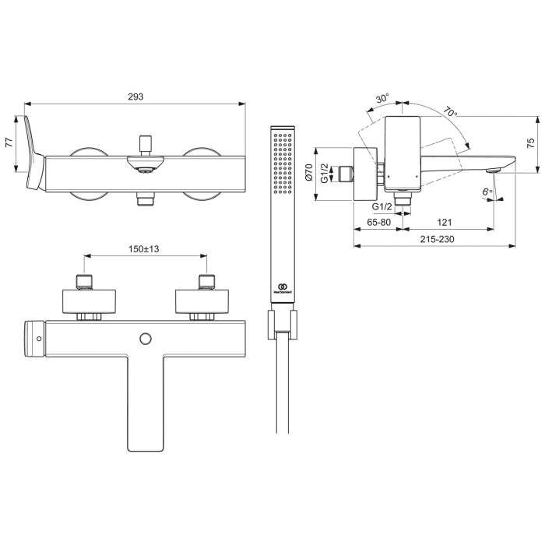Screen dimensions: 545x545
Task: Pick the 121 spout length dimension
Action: coord(447,222)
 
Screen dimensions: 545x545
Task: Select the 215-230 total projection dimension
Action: coord(436,239)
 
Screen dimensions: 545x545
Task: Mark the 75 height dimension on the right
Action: coord(530,144)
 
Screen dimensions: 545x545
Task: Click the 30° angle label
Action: coord(382,99)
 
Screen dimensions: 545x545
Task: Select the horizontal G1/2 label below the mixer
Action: coord(381,207)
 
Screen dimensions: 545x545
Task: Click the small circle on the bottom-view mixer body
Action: coord(144,337)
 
